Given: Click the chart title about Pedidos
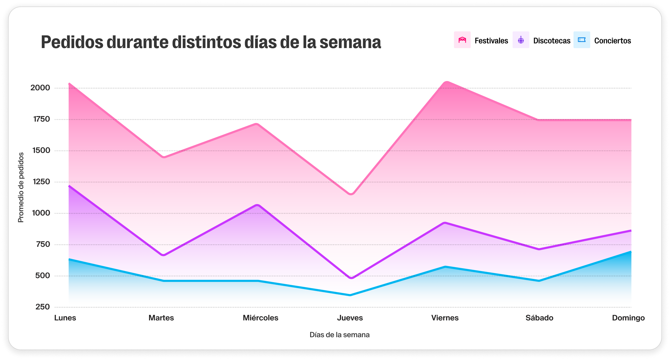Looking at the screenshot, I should pos(211,42).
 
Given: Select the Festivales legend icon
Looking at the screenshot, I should pos(462,40).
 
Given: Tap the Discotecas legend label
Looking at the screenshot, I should pos(552,41).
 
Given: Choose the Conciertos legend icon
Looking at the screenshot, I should pos(582,40).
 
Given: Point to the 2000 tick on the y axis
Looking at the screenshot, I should pos(40,88).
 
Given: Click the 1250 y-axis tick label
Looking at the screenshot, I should pos(41,182).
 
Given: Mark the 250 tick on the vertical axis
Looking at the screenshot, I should pos(43,307).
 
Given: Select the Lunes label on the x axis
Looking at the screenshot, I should pos(65,318).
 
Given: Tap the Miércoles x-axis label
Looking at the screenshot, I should pos(260,318).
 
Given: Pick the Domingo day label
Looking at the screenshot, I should pos(628,318).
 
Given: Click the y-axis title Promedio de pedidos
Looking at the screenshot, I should pos(21,187).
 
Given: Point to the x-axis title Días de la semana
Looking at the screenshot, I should pos(340,335).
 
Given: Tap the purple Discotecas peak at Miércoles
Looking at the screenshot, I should pos(258,205).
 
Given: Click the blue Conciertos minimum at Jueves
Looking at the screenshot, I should pos(350,295).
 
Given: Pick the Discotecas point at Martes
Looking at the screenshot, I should pos(163,255).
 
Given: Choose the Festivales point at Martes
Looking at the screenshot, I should pos(163,157).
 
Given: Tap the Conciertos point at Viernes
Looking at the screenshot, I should pos(445,267).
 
